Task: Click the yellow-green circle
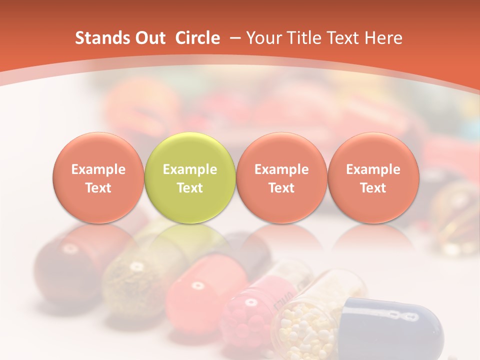(190, 178)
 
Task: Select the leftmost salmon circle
(98, 178)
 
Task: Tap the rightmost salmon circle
(373, 178)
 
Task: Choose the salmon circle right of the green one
(281, 178)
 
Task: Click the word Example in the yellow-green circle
(190, 169)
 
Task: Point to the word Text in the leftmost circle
(98, 188)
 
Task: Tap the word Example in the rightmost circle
(373, 169)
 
